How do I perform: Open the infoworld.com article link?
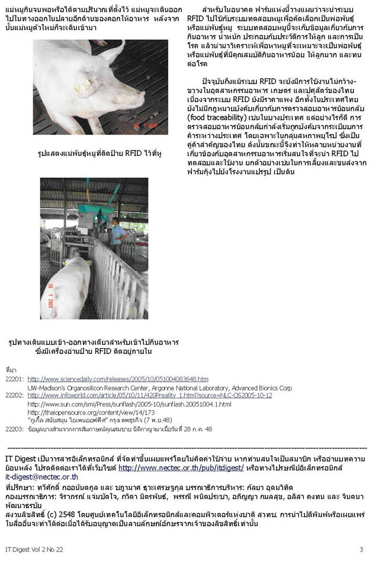149,395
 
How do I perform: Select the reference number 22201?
14,378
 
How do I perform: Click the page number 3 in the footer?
361,549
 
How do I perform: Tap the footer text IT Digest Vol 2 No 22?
33,549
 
